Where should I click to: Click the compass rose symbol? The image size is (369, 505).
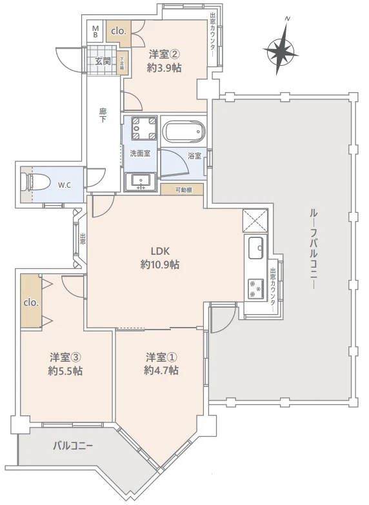(281, 50)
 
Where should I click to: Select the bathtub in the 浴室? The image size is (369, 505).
(183, 133)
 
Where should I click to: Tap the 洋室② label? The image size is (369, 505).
(165, 54)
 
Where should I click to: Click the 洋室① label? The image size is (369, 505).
(161, 357)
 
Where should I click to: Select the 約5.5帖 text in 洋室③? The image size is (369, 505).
(65, 371)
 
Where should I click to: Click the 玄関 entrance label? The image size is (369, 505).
(103, 62)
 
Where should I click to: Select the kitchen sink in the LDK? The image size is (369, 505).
(255, 246)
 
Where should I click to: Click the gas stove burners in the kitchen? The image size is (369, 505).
(255, 288)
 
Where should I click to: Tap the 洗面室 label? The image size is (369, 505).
(140, 153)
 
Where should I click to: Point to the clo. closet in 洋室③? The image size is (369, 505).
(31, 302)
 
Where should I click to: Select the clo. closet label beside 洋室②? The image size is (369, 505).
(119, 31)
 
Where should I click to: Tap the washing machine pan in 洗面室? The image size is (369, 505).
(141, 128)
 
